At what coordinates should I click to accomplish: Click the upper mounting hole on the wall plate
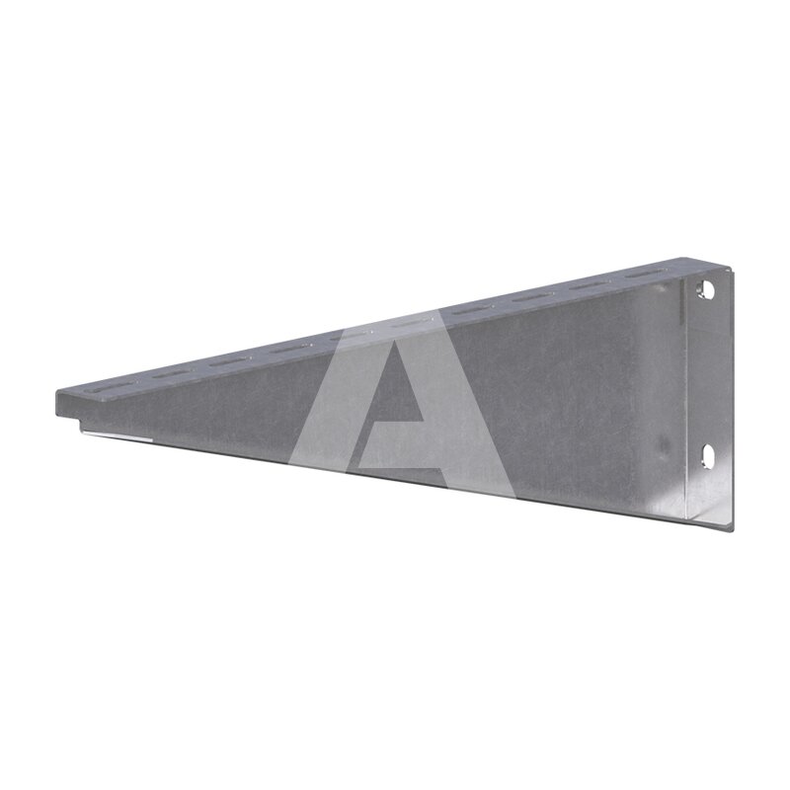coord(708,290)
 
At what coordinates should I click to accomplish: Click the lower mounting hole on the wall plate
coord(708,456)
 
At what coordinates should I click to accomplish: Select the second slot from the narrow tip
coord(169,373)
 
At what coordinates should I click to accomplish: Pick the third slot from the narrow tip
coord(230,359)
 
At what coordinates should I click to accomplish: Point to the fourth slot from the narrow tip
coord(289,347)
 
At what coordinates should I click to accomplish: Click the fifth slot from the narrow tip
coord(351,335)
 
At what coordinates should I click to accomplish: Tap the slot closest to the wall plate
coord(646,275)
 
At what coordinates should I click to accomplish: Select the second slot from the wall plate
coord(590,285)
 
